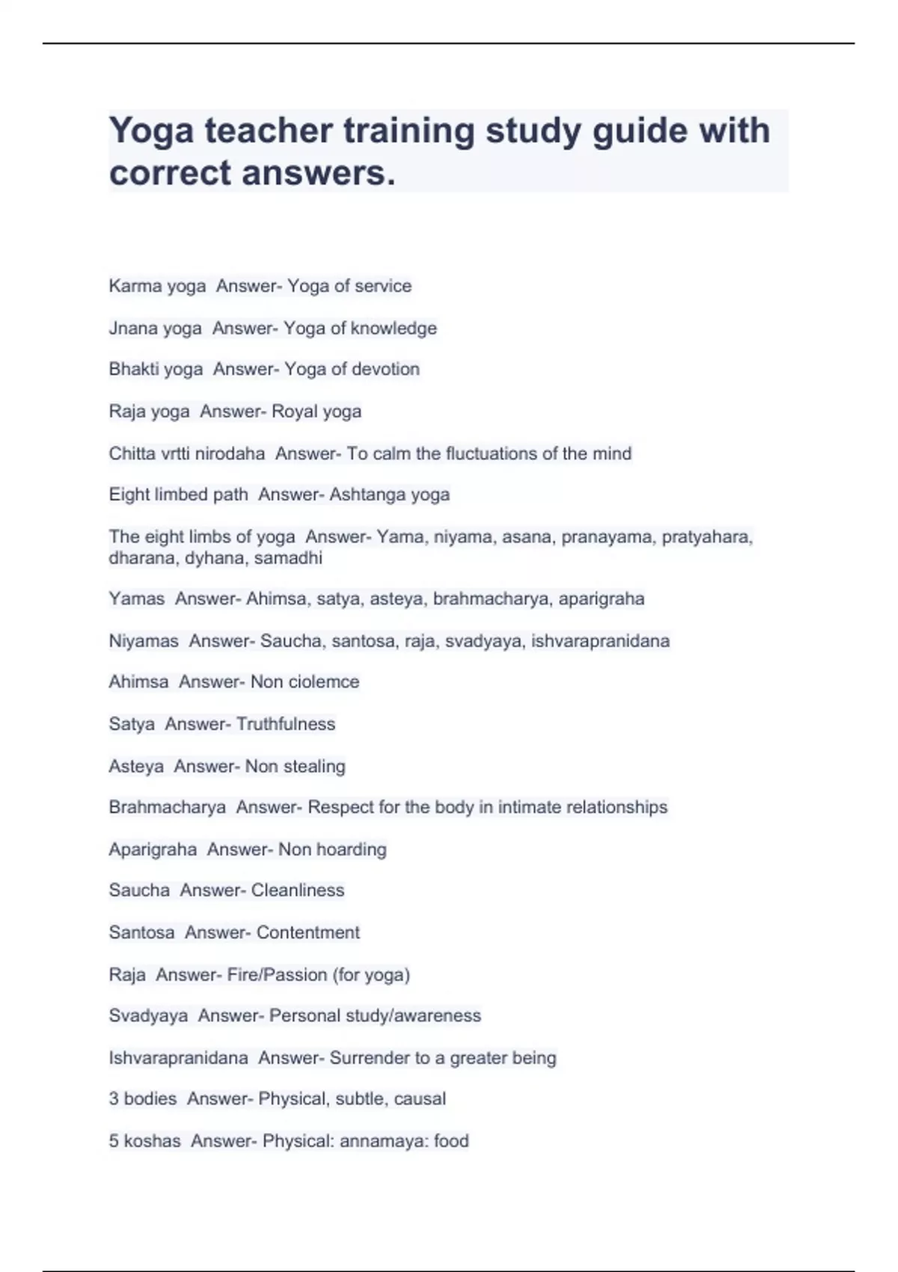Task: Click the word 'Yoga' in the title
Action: point(151,132)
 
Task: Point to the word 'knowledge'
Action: point(394,328)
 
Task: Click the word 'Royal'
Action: point(294,412)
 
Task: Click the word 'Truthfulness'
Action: point(286,724)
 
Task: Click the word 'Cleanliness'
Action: point(298,890)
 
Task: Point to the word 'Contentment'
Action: point(308,932)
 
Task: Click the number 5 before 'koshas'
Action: point(114,1141)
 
